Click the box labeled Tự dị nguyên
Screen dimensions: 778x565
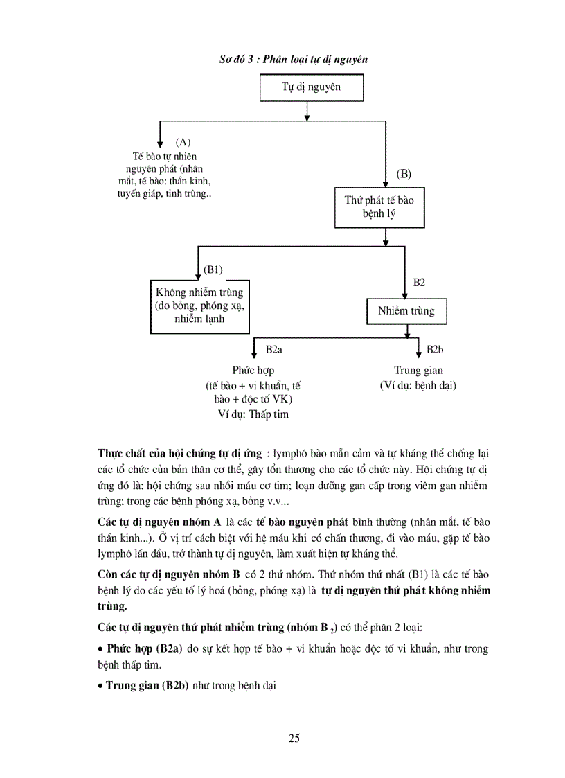(x=310, y=89)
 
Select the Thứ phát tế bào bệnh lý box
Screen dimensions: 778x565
(x=379, y=207)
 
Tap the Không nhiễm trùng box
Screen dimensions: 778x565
(x=199, y=306)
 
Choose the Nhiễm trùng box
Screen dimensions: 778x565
(x=406, y=311)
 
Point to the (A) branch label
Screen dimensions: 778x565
(x=183, y=142)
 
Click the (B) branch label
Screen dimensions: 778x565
(x=404, y=173)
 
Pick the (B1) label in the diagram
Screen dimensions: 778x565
(x=213, y=269)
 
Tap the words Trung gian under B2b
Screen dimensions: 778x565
(x=418, y=371)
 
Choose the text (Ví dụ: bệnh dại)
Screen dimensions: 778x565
(x=418, y=385)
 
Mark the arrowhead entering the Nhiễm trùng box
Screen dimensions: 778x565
(x=406, y=294)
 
